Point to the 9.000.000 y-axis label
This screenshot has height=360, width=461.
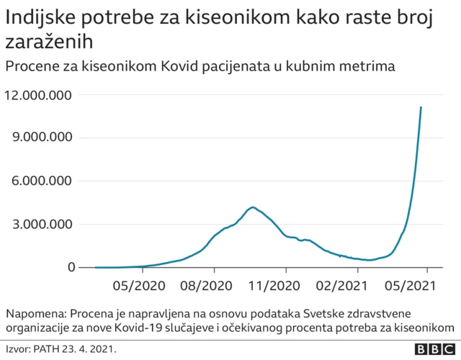tap(42, 138)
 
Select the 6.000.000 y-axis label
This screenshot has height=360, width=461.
tap(42, 181)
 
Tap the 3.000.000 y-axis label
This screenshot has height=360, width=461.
tap(42, 224)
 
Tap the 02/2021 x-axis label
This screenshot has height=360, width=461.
tap(344, 286)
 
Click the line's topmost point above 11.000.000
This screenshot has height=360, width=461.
tap(421, 107)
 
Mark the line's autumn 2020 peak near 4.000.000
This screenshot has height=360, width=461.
tap(251, 207)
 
